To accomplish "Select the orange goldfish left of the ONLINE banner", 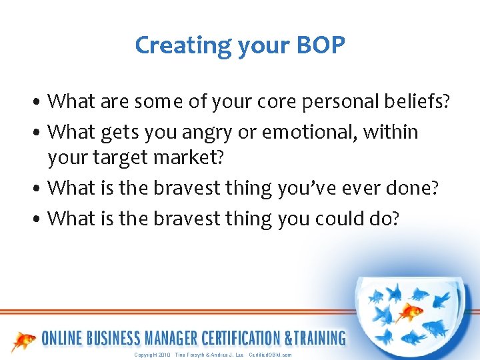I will (24, 341).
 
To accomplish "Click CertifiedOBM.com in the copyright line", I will (270, 355).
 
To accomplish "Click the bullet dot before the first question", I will (41, 103).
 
